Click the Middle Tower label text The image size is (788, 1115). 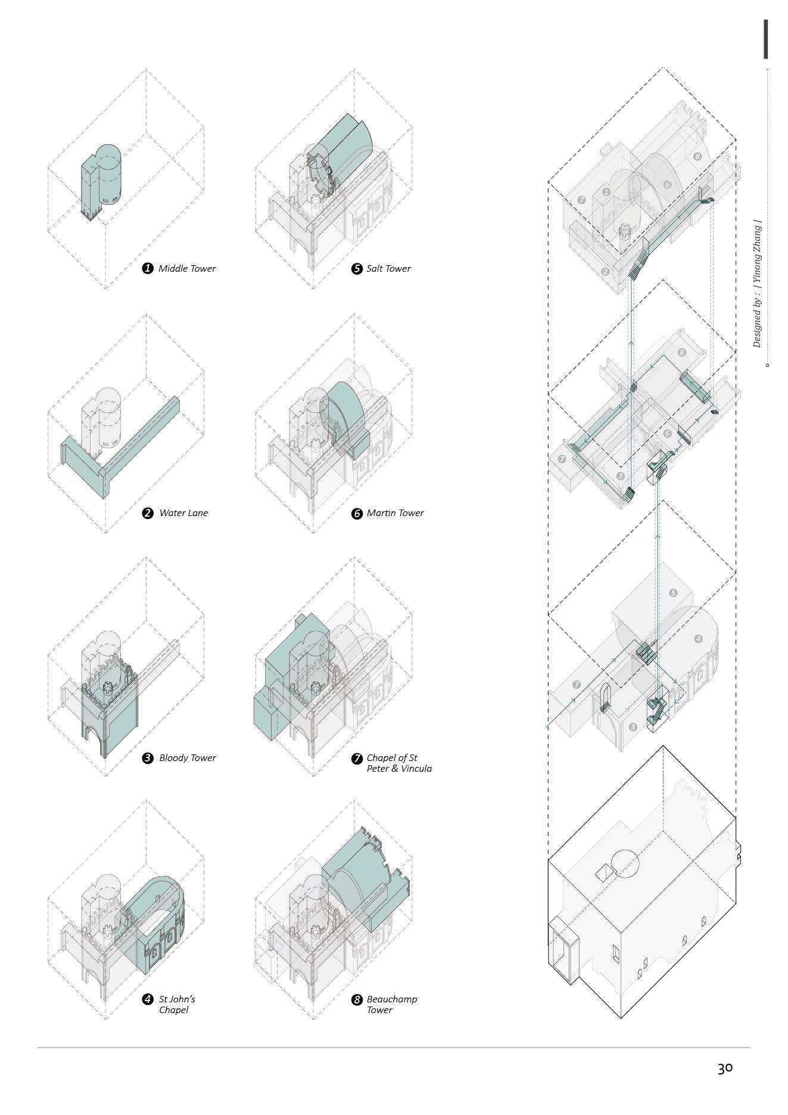pyautogui.click(x=186, y=268)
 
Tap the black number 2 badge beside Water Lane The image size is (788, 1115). pyautogui.click(x=148, y=513)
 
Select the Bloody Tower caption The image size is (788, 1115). pyautogui.click(x=187, y=758)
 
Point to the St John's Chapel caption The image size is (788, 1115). pyautogui.click(x=177, y=1004)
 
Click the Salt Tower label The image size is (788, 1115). pyautogui.click(x=388, y=268)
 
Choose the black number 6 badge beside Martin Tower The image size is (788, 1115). pyautogui.click(x=357, y=513)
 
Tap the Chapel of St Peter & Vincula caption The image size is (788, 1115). pyautogui.click(x=398, y=763)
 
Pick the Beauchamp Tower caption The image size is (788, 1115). pyautogui.click(x=391, y=1004)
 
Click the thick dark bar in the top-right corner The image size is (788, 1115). pyautogui.click(x=766, y=39)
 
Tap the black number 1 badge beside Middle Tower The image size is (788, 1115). pyautogui.click(x=148, y=268)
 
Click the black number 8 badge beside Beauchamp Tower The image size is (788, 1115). pyautogui.click(x=357, y=999)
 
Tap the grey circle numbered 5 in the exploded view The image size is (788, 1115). pyautogui.click(x=673, y=593)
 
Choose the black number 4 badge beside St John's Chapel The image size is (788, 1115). pyautogui.click(x=148, y=999)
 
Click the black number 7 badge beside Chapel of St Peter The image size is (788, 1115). pyautogui.click(x=357, y=759)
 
